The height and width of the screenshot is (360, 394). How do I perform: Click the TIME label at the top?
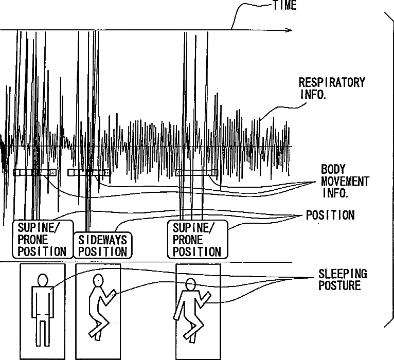[284, 6]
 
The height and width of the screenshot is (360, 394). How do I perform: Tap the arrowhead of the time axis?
[289, 30]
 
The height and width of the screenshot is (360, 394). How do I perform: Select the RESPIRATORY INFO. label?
[332, 88]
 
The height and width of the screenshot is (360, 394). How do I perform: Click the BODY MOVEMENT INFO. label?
[345, 181]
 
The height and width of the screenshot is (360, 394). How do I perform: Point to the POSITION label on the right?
[330, 215]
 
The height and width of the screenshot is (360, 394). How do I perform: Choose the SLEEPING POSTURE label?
[343, 279]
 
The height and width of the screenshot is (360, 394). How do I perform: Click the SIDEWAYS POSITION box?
[102, 245]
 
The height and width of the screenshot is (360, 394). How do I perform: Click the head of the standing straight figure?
[42, 280]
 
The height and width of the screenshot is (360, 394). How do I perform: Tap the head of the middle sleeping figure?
[98, 280]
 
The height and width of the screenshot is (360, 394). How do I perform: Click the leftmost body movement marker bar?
[35, 172]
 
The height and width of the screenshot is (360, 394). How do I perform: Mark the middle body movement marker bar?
[88, 172]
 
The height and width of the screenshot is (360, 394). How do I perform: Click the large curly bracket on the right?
[386, 170]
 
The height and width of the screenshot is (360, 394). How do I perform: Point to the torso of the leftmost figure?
[42, 301]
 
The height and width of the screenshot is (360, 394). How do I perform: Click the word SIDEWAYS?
[102, 240]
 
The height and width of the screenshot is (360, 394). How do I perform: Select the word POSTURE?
[340, 285]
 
